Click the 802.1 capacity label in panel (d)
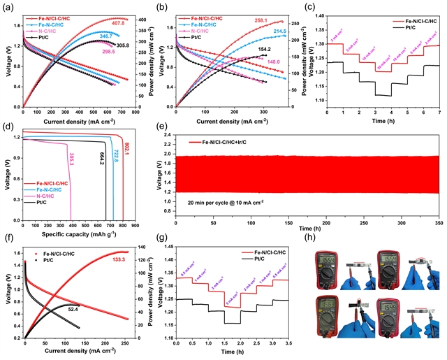coord(129,147)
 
